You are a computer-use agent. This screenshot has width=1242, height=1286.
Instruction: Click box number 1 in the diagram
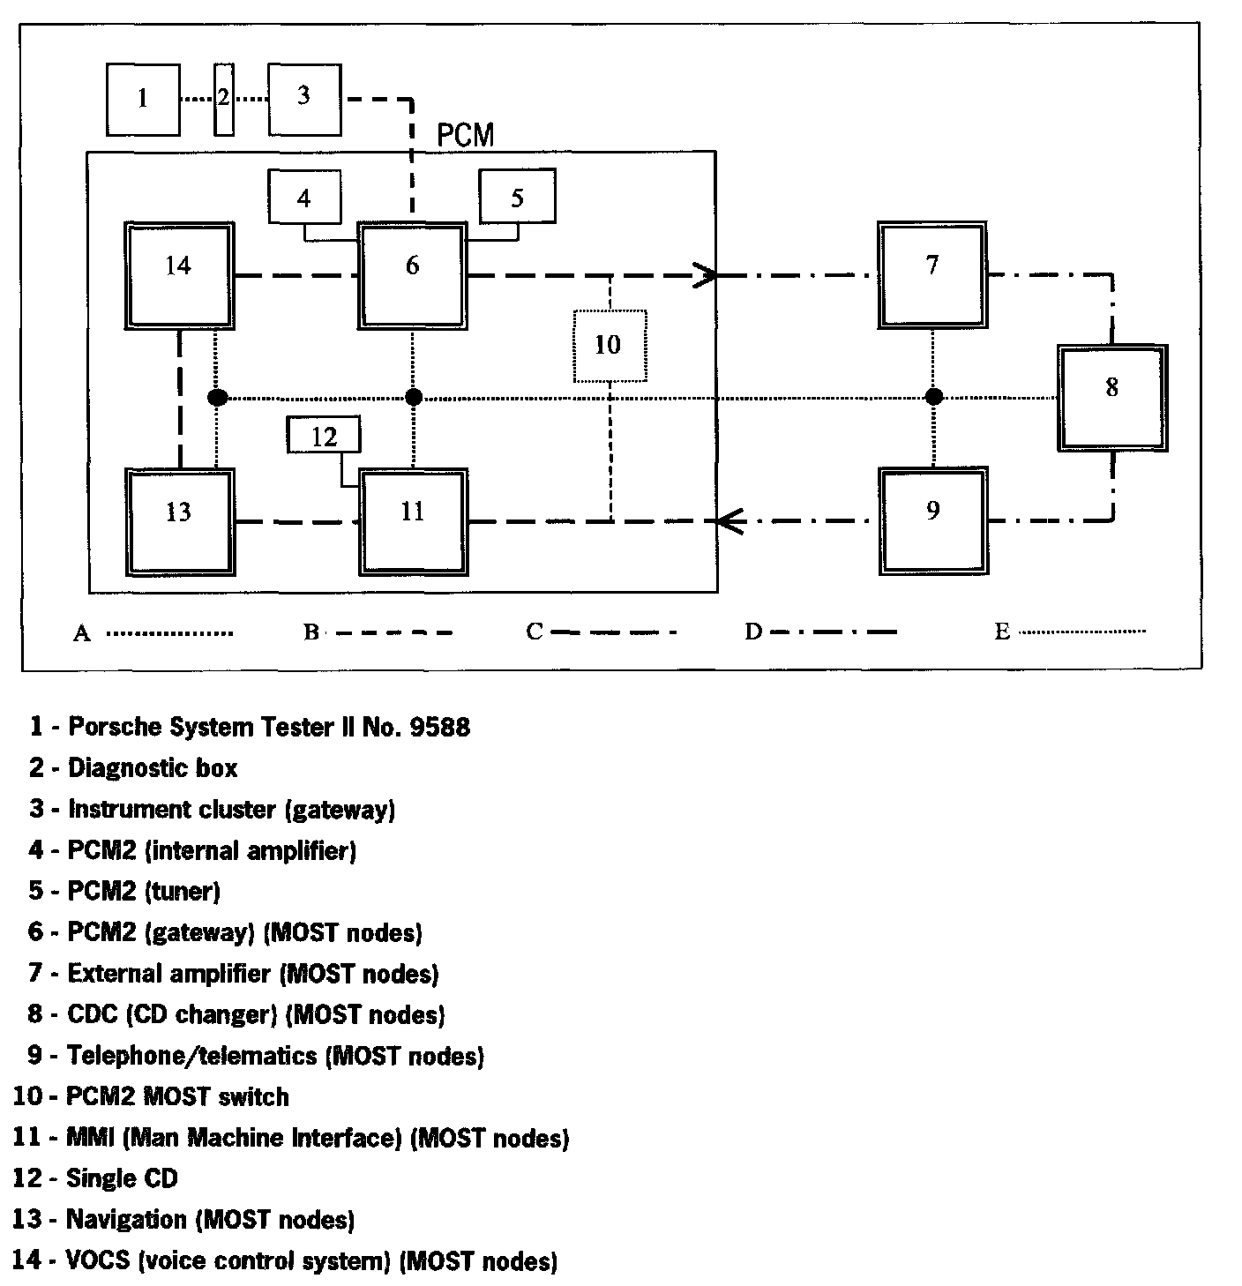coord(143,99)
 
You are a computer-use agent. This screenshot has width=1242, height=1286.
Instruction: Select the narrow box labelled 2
coord(224,99)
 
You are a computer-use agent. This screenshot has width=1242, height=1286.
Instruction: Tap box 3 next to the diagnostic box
coord(304,99)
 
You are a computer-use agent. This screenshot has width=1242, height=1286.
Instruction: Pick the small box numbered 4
coord(304,198)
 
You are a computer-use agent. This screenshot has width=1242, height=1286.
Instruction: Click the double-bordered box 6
coord(413,275)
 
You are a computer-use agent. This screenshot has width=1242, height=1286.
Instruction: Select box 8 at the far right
coord(1112,398)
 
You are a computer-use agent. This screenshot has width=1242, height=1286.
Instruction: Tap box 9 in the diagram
coord(932,520)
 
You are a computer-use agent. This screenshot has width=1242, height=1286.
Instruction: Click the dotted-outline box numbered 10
coord(609,346)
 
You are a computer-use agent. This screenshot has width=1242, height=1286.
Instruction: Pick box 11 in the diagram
coord(413,521)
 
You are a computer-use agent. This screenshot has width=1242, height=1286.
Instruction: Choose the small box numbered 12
coord(325,437)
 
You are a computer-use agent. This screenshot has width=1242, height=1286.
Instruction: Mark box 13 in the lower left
coord(179,521)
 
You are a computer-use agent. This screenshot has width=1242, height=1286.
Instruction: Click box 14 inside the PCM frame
coord(179,275)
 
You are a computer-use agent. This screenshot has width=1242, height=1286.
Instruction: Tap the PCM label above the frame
coord(466,136)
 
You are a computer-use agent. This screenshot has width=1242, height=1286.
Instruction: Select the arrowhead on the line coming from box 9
coord(729,521)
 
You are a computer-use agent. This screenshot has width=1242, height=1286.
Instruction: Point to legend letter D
coord(752,632)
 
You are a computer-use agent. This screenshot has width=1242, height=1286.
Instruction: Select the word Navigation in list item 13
coord(127,1220)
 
